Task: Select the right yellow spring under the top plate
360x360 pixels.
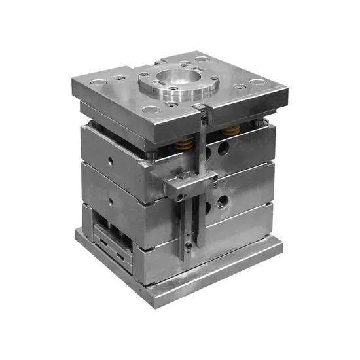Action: pos(228,130)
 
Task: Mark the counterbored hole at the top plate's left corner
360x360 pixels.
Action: pos(97,83)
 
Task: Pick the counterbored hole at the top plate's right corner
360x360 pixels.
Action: pos(257,82)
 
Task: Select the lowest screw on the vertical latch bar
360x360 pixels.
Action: pos(189,247)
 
